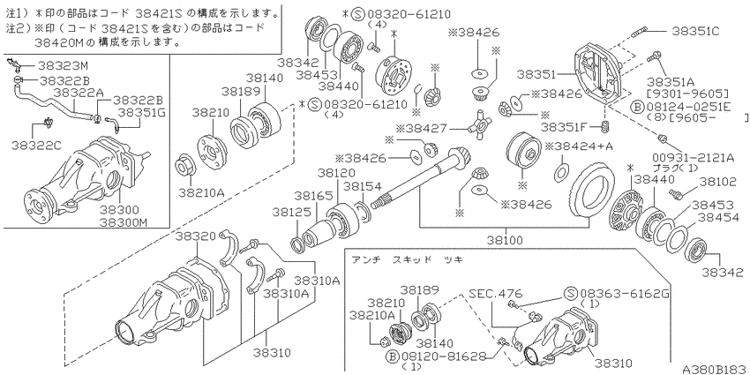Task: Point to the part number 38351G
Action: coord(140,113)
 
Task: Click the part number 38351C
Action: coord(694,32)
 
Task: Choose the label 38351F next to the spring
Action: coord(565,128)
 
